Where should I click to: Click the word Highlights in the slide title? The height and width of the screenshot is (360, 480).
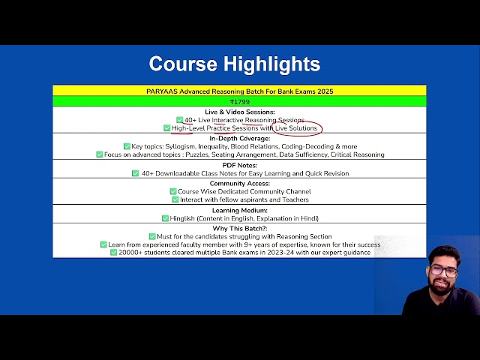coord(271,64)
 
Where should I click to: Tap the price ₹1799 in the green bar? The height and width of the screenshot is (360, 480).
coord(240,102)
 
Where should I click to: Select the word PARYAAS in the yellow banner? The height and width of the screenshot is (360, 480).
coord(162,91)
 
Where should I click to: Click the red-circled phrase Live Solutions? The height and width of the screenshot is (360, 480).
coord(296,128)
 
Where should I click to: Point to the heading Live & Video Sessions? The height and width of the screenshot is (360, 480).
coord(240,112)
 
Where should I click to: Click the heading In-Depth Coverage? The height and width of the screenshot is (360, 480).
coord(240,138)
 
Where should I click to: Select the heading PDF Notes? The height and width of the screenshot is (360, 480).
coord(240,165)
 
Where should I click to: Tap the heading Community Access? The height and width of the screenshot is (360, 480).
coord(240,183)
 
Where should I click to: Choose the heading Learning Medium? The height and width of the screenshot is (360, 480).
coord(240,210)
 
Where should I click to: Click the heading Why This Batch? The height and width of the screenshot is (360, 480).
coord(240,228)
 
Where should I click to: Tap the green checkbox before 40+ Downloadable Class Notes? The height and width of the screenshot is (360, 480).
coord(135,173)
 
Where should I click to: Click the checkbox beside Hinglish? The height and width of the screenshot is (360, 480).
coord(165,218)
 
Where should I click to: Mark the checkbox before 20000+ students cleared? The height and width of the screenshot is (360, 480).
coord(113,252)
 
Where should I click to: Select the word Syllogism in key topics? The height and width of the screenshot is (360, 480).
coord(180,146)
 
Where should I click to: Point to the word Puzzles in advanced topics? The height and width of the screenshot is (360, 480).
coord(196,154)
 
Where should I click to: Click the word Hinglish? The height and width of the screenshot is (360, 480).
coord(182,218)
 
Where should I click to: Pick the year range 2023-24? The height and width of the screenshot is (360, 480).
coord(280,253)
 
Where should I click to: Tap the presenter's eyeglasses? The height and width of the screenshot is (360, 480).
coord(443,271)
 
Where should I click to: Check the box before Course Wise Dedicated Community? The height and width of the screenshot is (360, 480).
coord(173,191)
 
